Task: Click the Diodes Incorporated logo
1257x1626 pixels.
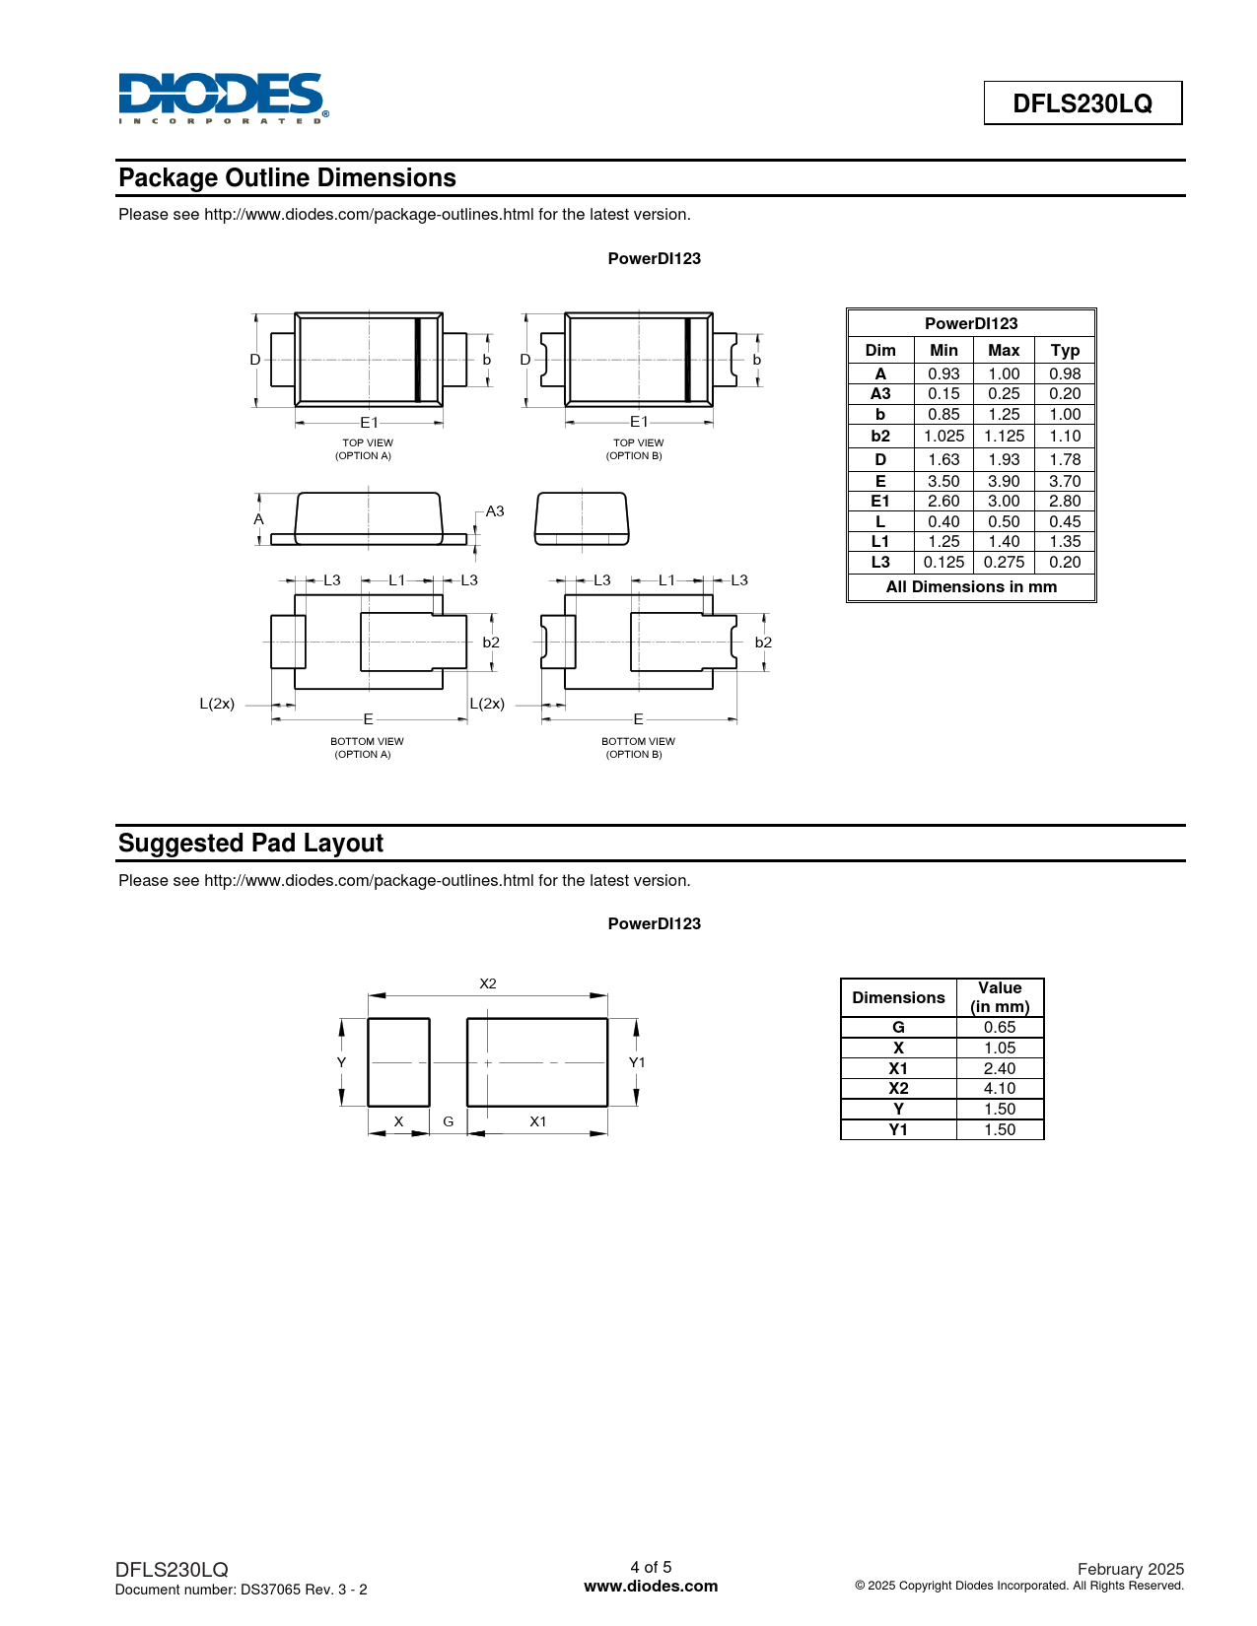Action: (x=223, y=98)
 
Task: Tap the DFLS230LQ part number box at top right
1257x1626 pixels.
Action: (x=1082, y=103)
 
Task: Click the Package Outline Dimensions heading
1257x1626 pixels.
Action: (x=287, y=178)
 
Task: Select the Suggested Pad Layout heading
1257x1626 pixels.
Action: (x=250, y=844)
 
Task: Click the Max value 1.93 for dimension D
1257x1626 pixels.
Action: (x=1003, y=460)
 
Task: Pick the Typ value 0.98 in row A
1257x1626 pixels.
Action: (x=1064, y=374)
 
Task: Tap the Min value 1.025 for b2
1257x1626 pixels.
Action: (x=943, y=437)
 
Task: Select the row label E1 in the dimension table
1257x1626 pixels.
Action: (x=879, y=502)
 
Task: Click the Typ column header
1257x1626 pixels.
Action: (x=1064, y=351)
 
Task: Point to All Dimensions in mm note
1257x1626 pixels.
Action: (x=971, y=587)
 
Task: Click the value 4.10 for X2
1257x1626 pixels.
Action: (x=999, y=1089)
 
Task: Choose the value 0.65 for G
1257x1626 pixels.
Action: (x=999, y=1028)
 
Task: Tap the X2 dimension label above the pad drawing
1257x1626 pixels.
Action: (x=488, y=984)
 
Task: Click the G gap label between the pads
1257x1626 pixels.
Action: (x=449, y=1122)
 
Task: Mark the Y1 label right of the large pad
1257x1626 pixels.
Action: (x=637, y=1062)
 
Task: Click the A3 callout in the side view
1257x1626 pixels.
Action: (x=495, y=511)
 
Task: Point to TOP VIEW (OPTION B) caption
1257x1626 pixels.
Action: (x=637, y=449)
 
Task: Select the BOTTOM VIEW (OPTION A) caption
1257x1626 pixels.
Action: (x=366, y=748)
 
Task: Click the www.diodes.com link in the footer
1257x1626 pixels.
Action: (x=651, y=1587)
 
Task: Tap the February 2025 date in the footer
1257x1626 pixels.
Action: (x=1130, y=1569)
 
